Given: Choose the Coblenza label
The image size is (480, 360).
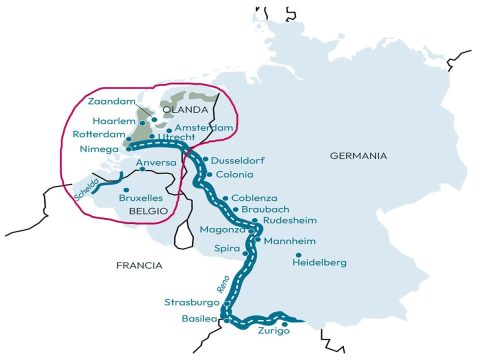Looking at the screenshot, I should tap(255, 198).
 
